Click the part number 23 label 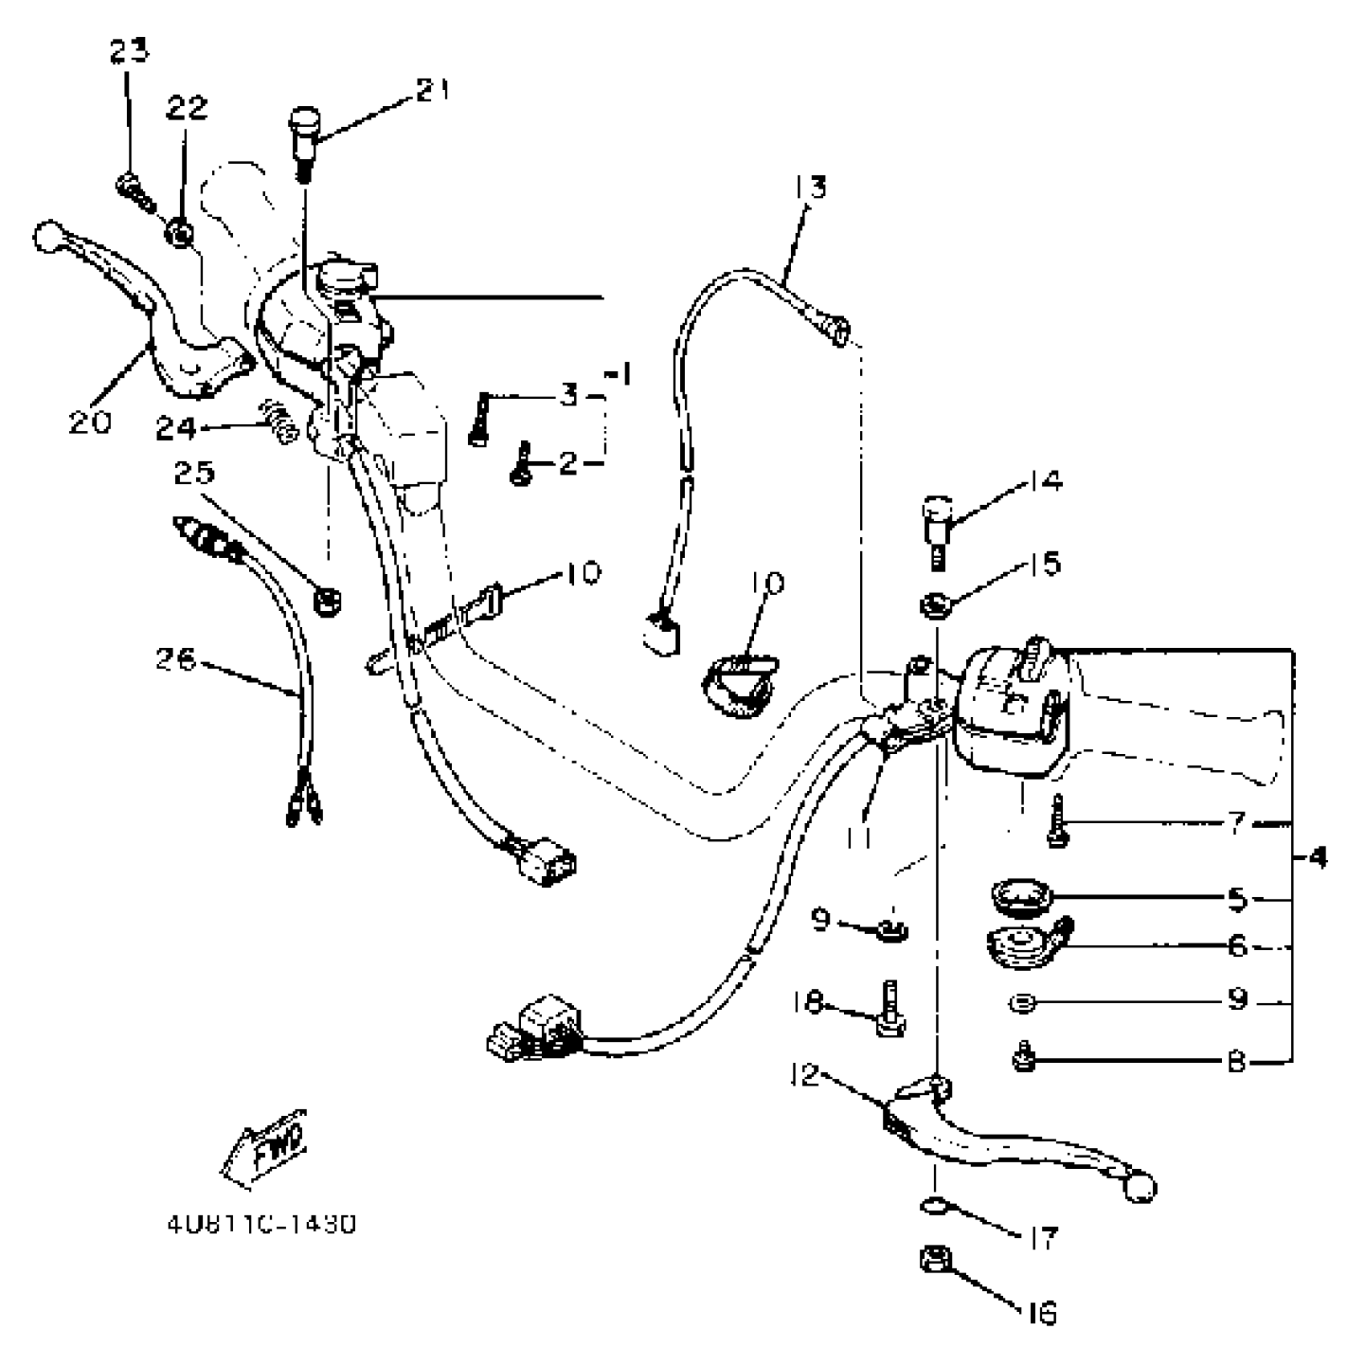pos(129,52)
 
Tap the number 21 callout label pos(433,90)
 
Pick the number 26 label pos(176,660)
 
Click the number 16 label pos(1041,1314)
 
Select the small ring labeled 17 pos(932,1205)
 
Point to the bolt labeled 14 pos(936,529)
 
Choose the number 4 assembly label pos(1318,858)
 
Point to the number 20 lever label pos(89,422)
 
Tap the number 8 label pos(1236,1062)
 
